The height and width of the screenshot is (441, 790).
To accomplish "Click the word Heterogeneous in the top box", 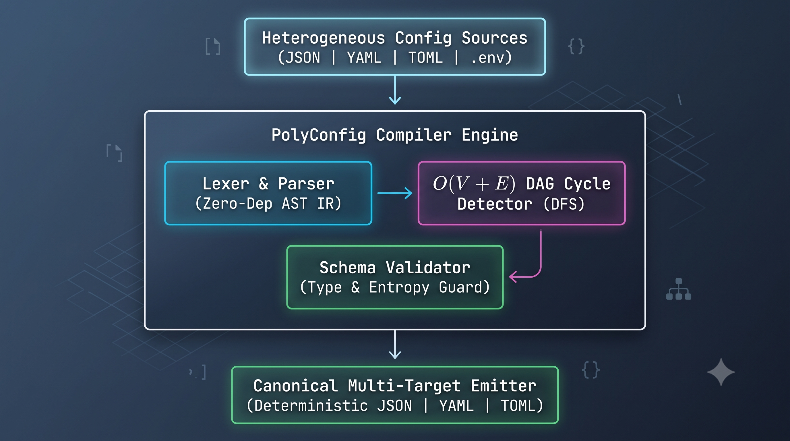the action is point(324,38).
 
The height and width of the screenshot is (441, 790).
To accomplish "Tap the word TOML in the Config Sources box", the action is point(426,58).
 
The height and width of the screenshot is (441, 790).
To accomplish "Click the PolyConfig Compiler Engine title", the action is point(395,135).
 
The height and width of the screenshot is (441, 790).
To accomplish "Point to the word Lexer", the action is point(226,184).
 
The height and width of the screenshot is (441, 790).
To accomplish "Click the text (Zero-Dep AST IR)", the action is point(268,204).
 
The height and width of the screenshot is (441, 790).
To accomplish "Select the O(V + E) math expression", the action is point(474,184).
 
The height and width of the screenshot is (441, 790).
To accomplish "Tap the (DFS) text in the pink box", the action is point(564,204).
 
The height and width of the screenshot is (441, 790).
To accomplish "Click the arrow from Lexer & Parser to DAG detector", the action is point(395,193).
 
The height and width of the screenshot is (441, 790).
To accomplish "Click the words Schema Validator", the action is point(395,267).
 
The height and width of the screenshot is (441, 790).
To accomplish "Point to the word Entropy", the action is point(399,288).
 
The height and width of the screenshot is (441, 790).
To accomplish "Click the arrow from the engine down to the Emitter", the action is point(395,344).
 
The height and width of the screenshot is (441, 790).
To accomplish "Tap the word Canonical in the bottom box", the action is point(296,386).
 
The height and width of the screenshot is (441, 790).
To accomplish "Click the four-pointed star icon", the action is point(721,372).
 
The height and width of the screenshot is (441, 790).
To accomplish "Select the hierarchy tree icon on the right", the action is point(679,289).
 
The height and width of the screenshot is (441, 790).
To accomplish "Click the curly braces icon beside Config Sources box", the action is point(576,46).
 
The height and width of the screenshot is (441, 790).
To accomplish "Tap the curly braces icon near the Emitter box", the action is point(591,370).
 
